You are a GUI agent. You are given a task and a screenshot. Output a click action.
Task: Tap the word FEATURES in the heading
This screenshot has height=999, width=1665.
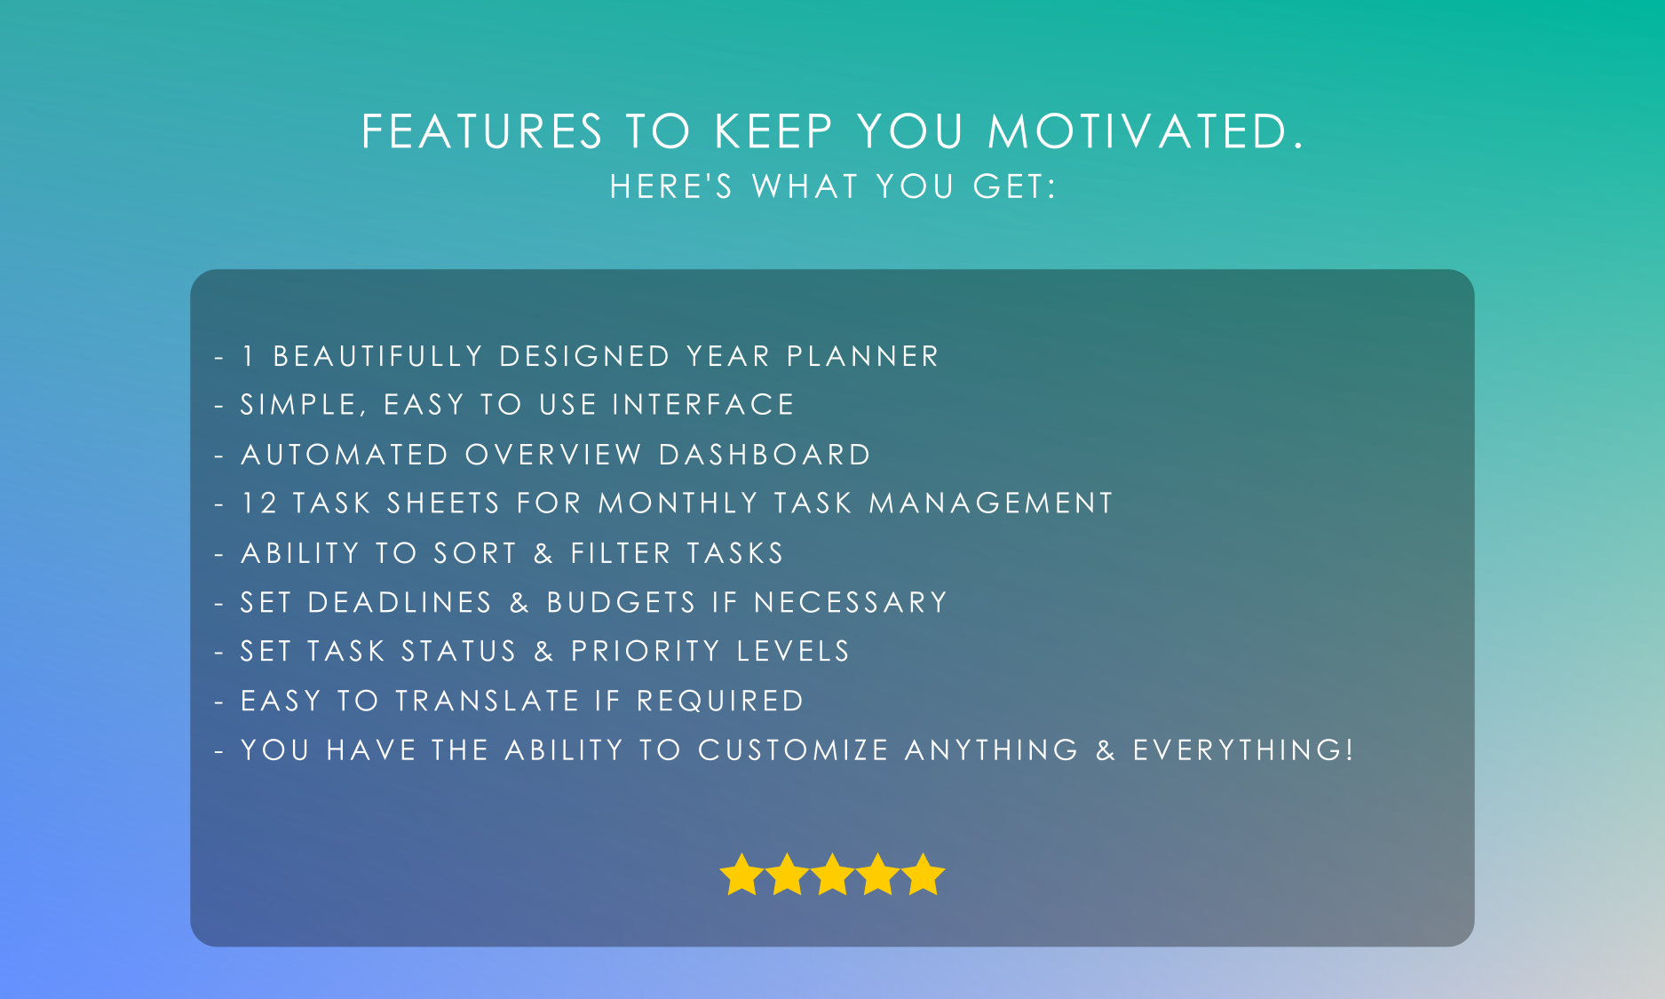click(x=482, y=131)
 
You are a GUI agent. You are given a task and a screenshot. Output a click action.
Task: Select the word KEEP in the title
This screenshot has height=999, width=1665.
click(x=773, y=131)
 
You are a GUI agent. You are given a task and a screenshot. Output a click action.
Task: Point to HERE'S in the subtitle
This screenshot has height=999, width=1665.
click(x=671, y=186)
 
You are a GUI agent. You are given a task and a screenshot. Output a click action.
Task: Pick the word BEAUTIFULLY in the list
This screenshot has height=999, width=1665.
click(x=377, y=356)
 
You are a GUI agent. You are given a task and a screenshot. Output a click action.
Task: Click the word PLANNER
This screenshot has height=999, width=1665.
click(x=862, y=356)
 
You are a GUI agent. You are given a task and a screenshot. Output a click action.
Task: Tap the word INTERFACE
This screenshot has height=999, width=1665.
click(x=703, y=405)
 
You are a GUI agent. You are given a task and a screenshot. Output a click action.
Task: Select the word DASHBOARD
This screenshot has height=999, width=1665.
click(x=765, y=455)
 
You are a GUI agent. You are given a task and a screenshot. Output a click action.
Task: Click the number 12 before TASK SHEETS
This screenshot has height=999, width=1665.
click(x=259, y=503)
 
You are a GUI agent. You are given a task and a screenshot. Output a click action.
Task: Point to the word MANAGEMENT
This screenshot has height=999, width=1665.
click(x=990, y=503)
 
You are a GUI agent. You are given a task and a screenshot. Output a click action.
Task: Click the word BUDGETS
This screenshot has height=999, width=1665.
click(x=621, y=602)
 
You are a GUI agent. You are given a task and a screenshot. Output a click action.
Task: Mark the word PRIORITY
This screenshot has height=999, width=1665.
click(x=645, y=651)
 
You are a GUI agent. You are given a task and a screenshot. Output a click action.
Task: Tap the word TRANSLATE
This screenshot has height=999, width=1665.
click(x=488, y=701)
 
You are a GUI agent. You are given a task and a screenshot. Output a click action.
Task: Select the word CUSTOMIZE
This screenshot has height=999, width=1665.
click(x=793, y=749)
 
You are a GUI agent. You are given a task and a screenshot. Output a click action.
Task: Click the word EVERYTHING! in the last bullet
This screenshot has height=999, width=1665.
click(x=1243, y=749)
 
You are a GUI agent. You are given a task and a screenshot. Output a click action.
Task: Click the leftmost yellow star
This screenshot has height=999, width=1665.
click(x=741, y=875)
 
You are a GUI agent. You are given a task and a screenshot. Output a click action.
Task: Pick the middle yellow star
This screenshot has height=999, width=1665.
click(x=832, y=875)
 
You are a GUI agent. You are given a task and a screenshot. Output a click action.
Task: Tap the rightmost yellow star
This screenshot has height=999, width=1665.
click(x=924, y=875)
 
